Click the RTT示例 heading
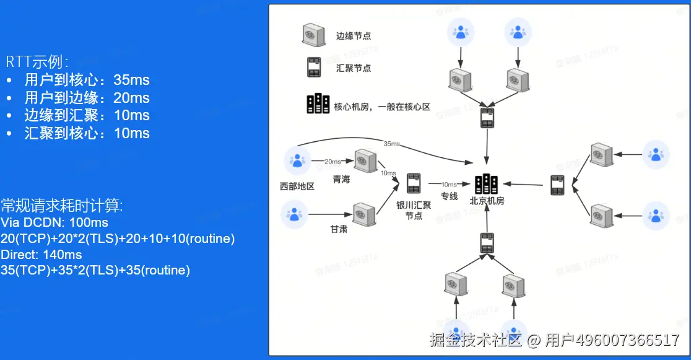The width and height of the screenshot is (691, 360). (x=37, y=62)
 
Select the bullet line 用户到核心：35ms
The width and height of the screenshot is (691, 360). (x=87, y=80)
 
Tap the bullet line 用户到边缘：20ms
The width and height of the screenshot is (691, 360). (x=87, y=98)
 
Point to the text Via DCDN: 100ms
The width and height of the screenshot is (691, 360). (x=54, y=222)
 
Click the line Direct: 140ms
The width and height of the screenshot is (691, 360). (x=41, y=255)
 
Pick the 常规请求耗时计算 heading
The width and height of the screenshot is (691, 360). (x=62, y=206)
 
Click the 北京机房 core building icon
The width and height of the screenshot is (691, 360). (x=487, y=183)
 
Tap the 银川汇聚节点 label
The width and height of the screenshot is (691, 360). (x=414, y=211)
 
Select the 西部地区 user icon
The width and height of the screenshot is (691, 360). (x=297, y=161)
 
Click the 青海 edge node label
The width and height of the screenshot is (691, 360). (x=341, y=180)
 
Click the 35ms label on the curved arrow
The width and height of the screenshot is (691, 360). (x=391, y=144)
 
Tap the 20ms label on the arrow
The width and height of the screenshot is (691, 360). (x=332, y=162)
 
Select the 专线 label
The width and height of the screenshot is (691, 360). (x=449, y=196)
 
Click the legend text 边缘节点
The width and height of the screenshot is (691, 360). (x=354, y=36)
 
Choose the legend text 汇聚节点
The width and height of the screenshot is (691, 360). (x=354, y=68)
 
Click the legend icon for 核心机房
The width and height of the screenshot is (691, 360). (x=317, y=103)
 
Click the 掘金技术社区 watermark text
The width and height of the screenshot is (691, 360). (x=476, y=340)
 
